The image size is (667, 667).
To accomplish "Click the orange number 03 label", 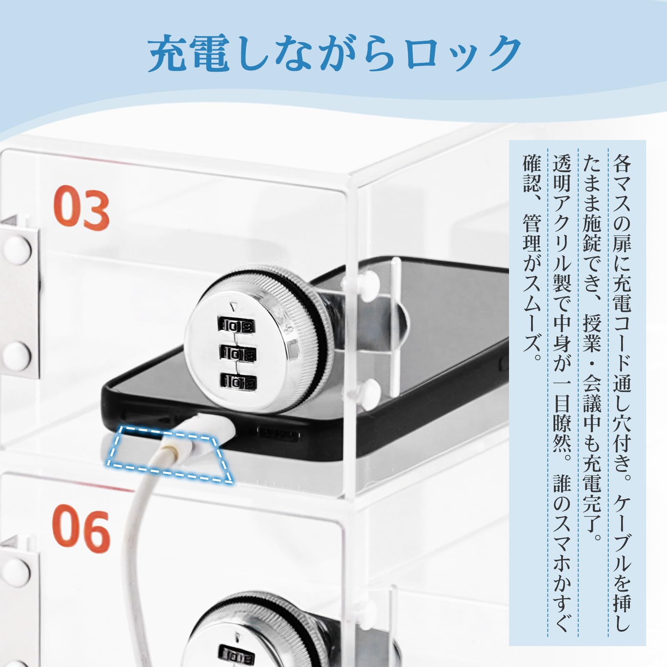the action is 81,208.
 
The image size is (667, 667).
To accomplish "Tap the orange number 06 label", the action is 81,528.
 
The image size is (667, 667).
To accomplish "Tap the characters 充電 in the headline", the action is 189,54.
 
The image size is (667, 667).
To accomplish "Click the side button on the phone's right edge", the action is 503,363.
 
